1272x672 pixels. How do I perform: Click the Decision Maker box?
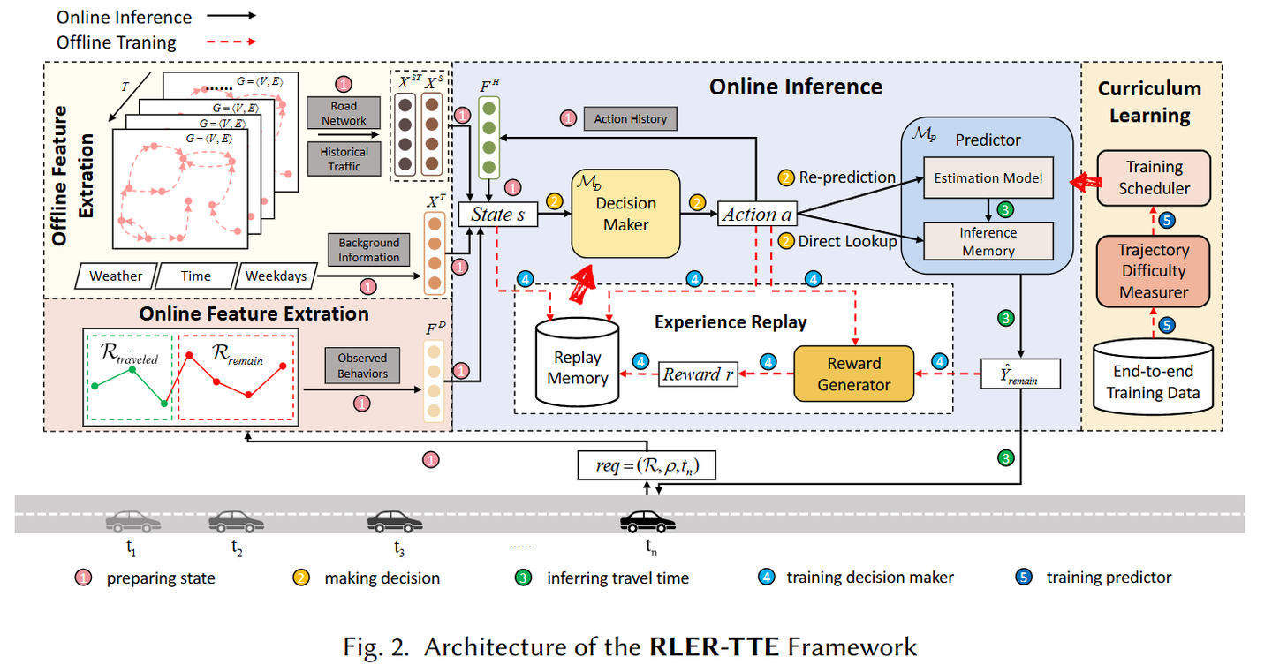point(625,214)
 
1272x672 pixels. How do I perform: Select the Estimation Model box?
point(988,178)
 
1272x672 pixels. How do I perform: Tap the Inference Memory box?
point(988,241)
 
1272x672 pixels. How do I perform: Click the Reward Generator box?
point(853,374)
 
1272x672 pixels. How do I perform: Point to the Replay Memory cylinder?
point(579,365)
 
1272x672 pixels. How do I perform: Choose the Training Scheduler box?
point(1154,177)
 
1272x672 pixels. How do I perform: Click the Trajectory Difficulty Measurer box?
point(1154,271)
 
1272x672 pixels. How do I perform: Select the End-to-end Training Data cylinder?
point(1153,379)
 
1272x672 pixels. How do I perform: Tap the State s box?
point(497,214)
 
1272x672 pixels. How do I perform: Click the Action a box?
point(757,214)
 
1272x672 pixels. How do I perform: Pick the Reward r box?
point(699,374)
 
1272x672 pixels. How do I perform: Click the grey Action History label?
point(630,119)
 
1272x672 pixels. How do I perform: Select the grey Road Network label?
point(344,114)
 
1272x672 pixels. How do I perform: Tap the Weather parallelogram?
point(116,276)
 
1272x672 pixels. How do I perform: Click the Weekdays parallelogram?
point(276,276)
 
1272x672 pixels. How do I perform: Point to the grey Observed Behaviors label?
point(362,366)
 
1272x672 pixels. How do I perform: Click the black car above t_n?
point(647,522)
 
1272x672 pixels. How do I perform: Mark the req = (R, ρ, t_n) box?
point(646,465)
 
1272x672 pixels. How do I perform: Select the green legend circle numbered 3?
point(525,578)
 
